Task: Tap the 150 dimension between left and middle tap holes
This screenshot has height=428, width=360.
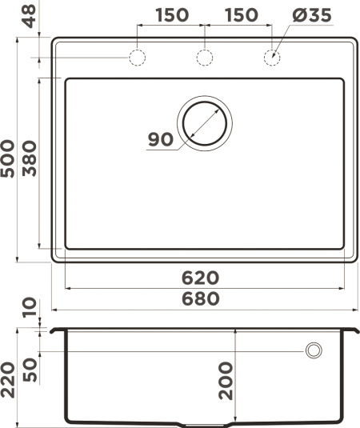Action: (x=170, y=15)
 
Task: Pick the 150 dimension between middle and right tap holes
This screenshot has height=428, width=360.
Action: (x=240, y=15)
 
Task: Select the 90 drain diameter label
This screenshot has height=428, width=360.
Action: (x=161, y=139)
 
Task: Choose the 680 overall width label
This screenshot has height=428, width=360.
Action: (x=200, y=298)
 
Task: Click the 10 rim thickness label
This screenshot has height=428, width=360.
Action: (x=29, y=307)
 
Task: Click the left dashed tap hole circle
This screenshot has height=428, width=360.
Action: (x=137, y=58)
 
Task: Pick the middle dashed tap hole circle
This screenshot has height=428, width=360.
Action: (x=205, y=58)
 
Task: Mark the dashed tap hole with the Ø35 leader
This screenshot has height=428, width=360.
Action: (x=273, y=58)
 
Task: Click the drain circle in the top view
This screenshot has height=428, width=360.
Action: (x=205, y=122)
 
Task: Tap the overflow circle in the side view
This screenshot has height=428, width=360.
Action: (x=314, y=350)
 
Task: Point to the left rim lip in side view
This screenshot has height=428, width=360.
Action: (x=57, y=329)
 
